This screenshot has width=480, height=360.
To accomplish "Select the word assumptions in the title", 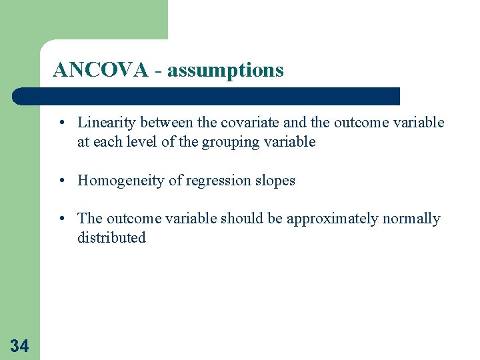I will coord(225,70).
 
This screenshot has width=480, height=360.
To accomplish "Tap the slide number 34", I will coord(19,345).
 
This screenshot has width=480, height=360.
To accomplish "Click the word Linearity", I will coord(105,123).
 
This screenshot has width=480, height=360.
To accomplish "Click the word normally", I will coord(411,219).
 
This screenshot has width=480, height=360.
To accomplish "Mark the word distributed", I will coord(111,238).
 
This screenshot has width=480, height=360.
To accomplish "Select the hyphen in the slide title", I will coord(157,71).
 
